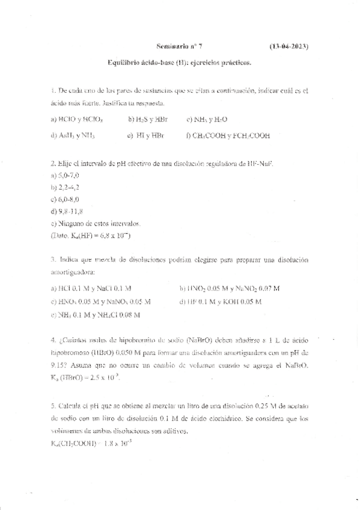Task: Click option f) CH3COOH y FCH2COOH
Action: coord(228,136)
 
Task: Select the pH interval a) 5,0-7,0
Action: coord(65,175)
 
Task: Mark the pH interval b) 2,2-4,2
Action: coord(66,187)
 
